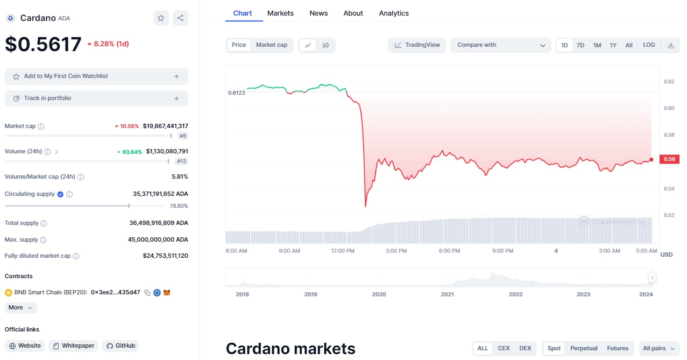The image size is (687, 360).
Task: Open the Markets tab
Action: click(280, 13)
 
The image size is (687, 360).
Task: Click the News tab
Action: click(318, 13)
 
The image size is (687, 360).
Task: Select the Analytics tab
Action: click(394, 13)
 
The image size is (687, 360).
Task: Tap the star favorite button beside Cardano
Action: click(161, 18)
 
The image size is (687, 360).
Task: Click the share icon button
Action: click(180, 18)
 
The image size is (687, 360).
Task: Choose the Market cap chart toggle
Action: click(272, 45)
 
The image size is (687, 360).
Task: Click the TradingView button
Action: click(417, 45)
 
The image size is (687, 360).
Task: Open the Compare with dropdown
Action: click(501, 45)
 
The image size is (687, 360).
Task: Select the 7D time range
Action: click(580, 45)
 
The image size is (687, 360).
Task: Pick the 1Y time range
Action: click(613, 45)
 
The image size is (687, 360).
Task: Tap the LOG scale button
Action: click(649, 45)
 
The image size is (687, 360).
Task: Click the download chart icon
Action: click(671, 45)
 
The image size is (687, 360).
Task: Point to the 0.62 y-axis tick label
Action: click(669, 82)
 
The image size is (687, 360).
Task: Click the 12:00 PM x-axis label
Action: click(343, 251)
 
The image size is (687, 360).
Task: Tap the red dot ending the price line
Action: click(651, 159)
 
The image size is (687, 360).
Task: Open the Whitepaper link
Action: click(73, 345)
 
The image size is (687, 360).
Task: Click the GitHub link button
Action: click(121, 345)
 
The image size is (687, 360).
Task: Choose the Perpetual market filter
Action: click(583, 348)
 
